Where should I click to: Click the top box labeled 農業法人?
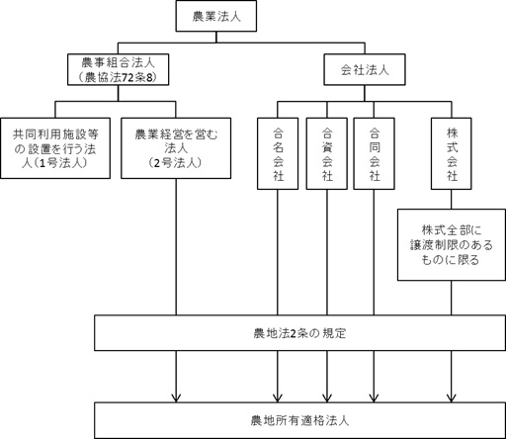tap(216, 16)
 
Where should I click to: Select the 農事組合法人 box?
tap(119, 69)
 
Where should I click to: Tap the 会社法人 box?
tap(365, 69)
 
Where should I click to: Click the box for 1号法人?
tap(55, 148)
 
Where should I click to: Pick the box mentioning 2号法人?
tap(176, 148)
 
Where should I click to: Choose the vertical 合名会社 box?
tap(278, 154)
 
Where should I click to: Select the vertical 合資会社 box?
tap(327, 154)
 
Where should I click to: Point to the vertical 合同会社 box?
tap(375, 154)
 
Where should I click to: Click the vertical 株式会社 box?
tap(452, 154)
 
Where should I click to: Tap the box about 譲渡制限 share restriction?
tap(452, 245)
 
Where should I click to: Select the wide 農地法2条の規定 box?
tap(299, 333)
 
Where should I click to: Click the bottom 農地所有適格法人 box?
tap(299, 420)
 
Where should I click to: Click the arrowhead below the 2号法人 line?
tap(176, 397)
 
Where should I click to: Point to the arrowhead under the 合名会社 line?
tap(278, 397)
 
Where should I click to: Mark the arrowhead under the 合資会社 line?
tap(327, 397)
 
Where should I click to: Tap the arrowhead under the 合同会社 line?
tap(374, 397)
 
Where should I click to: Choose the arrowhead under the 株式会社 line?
tap(452, 397)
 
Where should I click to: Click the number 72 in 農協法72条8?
tap(126, 77)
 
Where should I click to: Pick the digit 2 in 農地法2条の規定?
tap(292, 333)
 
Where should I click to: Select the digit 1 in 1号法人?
tap(42, 163)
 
